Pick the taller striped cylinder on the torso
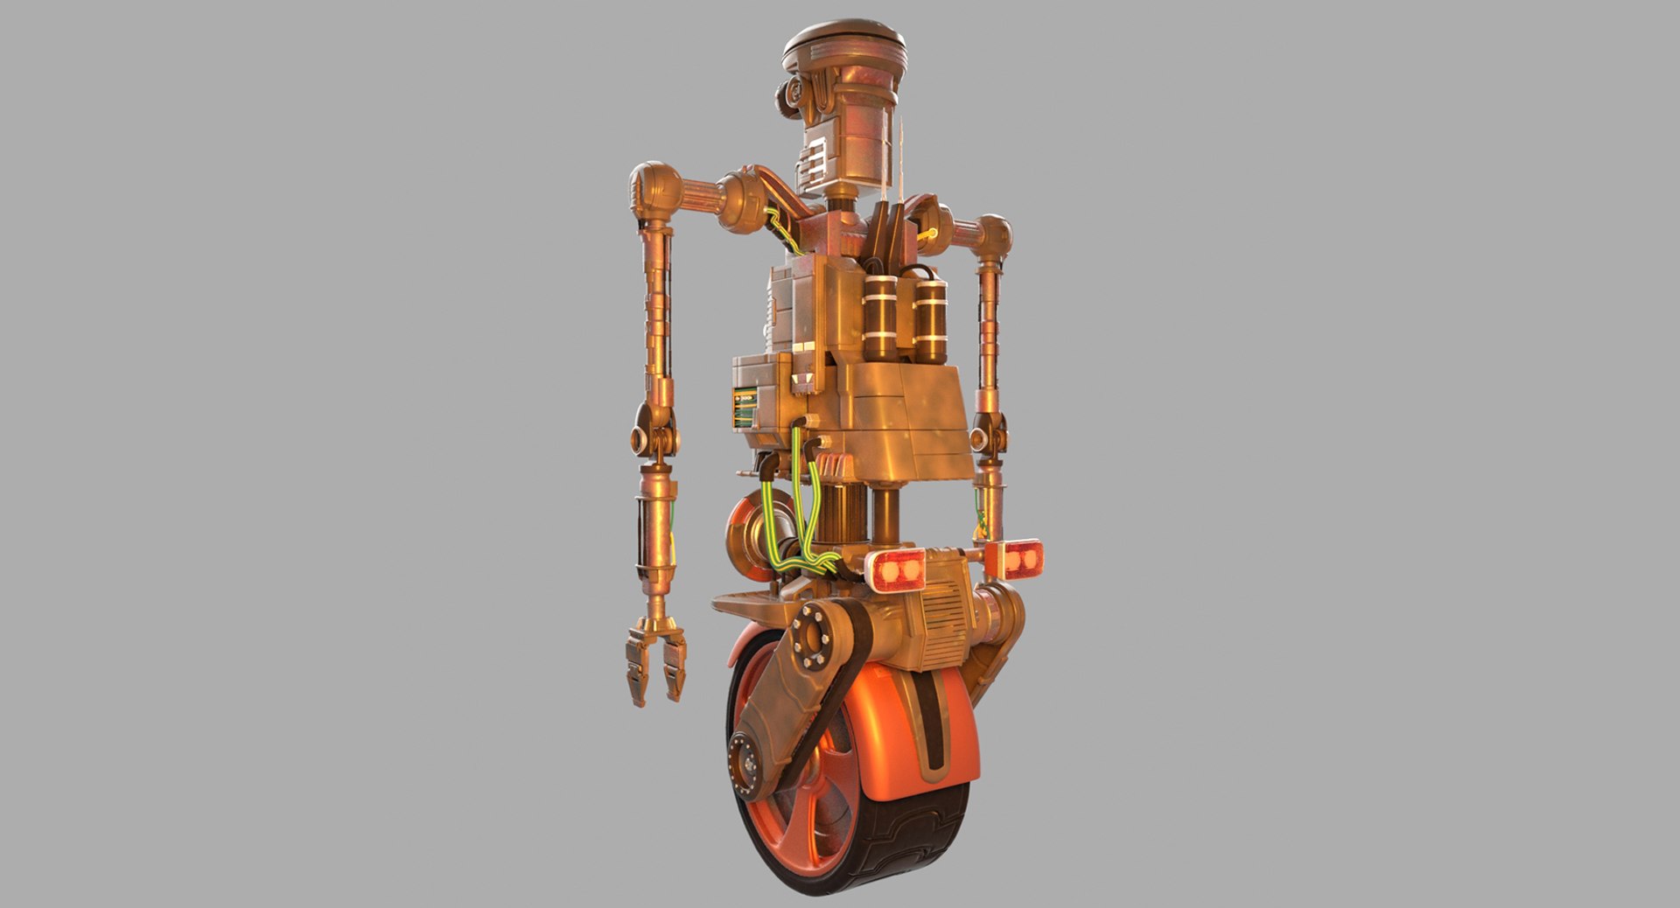coord(880,318)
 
